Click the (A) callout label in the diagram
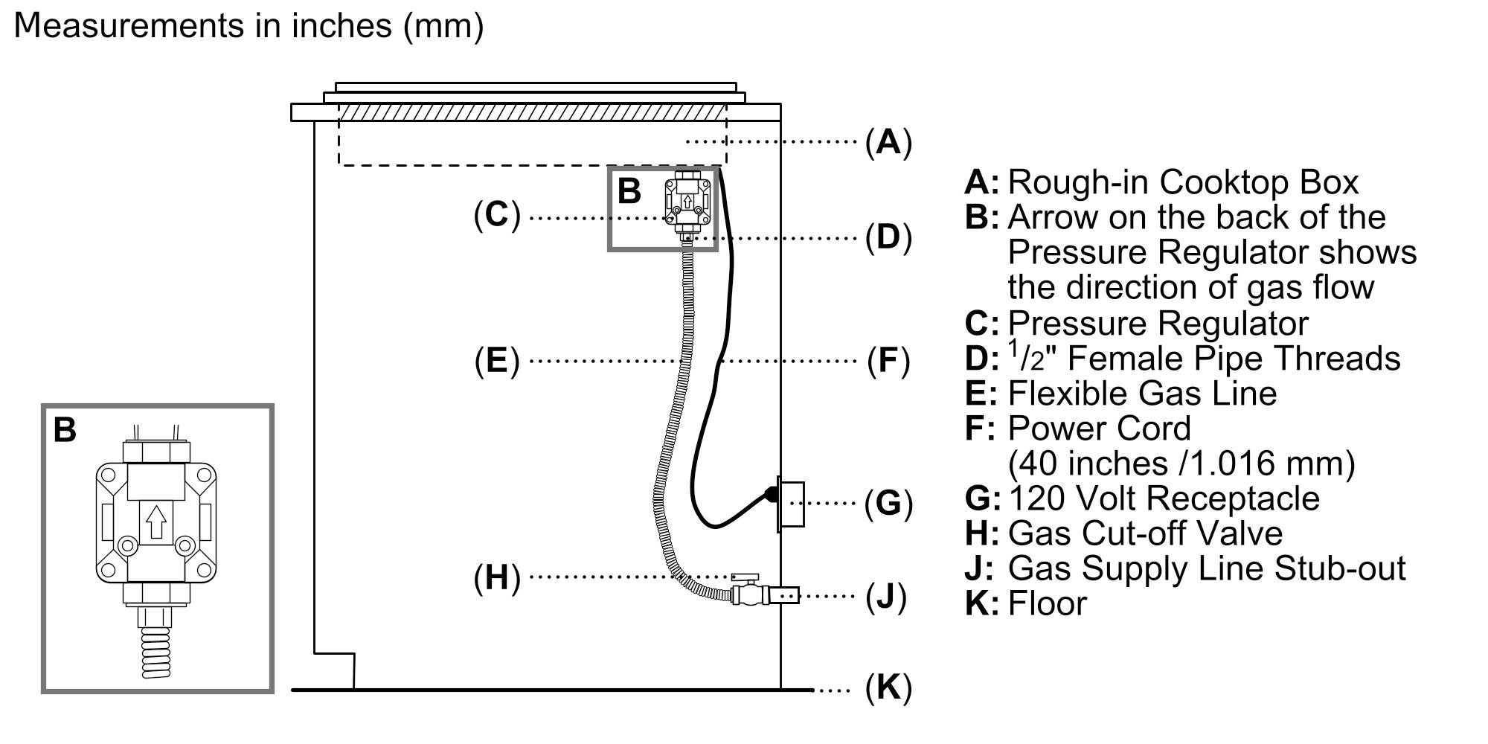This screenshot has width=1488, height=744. pyautogui.click(x=888, y=141)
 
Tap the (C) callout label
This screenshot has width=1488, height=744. pyautogui.click(x=497, y=215)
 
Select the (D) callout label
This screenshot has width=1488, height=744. pyautogui.click(x=888, y=237)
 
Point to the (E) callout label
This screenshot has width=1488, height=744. pyautogui.click(x=497, y=361)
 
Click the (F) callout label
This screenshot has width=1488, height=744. pyautogui.click(x=888, y=361)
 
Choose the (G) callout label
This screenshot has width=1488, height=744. pyautogui.click(x=888, y=504)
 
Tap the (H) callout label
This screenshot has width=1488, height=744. pyautogui.click(x=497, y=577)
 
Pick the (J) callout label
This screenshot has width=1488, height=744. pyautogui.click(x=886, y=596)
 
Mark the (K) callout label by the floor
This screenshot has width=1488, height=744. pyautogui.click(x=888, y=688)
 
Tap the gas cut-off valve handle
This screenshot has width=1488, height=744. pyautogui.click(x=744, y=577)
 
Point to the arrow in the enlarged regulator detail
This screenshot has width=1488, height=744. pyautogui.click(x=155, y=522)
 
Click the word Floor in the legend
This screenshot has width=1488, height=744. pyautogui.click(x=1047, y=603)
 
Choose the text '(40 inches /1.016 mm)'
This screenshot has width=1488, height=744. pyautogui.click(x=1181, y=464)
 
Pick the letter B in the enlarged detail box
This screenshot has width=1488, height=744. pyautogui.click(x=65, y=430)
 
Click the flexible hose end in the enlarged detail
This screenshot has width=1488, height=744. pyautogui.click(x=156, y=652)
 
